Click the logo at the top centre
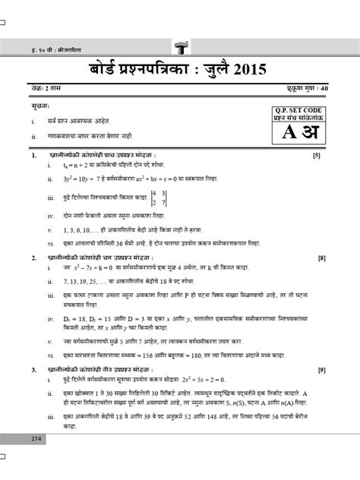(181, 43)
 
